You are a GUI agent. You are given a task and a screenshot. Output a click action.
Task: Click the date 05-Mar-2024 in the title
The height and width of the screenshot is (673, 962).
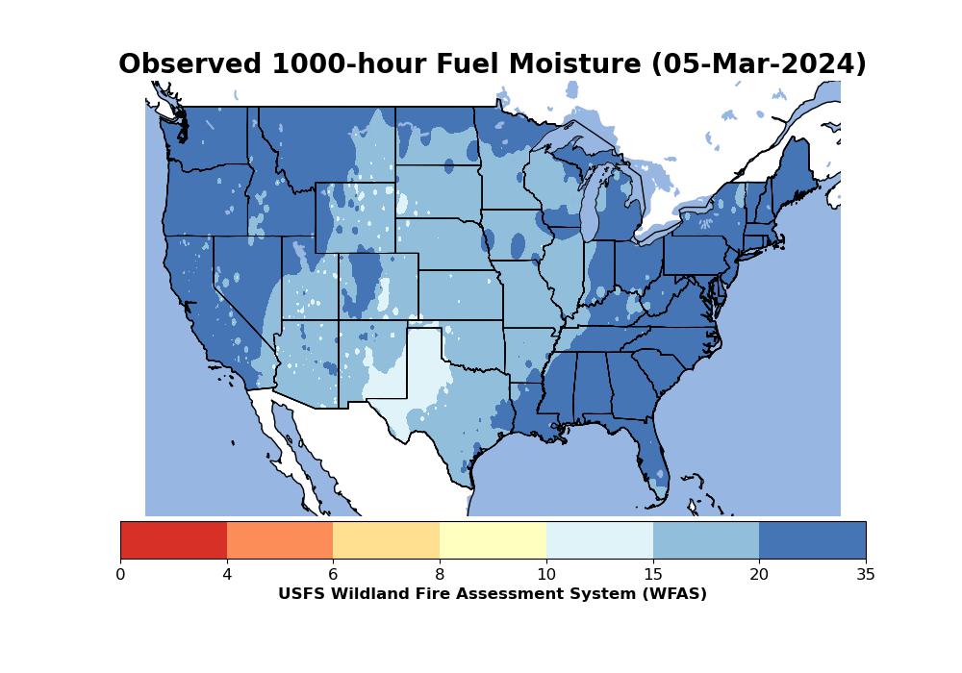[758, 64]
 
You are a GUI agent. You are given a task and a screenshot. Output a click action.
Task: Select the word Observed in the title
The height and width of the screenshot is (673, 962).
[190, 64]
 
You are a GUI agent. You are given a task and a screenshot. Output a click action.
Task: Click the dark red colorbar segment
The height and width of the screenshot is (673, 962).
[173, 539]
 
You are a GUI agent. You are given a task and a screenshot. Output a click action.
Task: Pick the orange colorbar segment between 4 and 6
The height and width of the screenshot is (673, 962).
[280, 539]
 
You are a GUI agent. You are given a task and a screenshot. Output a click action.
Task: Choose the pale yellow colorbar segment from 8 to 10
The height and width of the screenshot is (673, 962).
[493, 539]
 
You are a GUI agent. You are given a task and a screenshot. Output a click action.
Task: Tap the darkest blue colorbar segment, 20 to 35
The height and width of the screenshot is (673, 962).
[812, 539]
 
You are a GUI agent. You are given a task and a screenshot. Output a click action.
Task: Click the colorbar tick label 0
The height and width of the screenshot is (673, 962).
[120, 575]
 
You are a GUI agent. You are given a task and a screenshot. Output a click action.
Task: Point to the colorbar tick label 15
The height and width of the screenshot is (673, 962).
[652, 575]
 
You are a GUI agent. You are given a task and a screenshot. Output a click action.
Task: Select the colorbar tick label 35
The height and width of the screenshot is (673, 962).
[866, 575]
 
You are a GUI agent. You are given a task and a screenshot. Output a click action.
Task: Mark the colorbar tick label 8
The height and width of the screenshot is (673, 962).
[440, 575]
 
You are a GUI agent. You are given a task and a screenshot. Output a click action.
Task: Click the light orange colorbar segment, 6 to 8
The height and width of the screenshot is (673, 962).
[386, 539]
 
